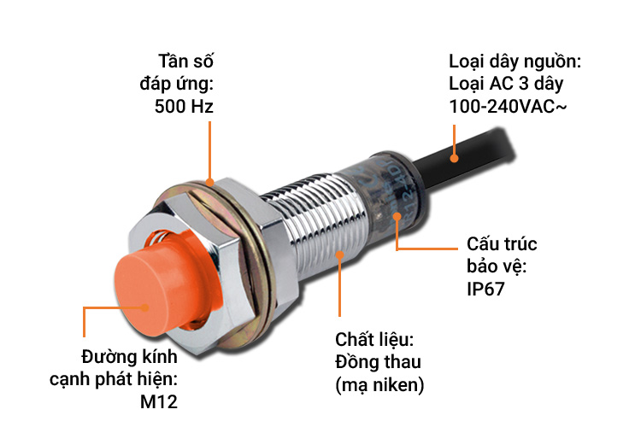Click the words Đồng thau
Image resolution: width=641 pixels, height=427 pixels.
tap(379, 362)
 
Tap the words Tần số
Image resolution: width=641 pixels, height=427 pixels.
tap(186, 61)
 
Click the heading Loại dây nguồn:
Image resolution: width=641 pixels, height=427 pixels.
tap(515, 61)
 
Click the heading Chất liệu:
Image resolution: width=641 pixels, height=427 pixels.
tap(374, 340)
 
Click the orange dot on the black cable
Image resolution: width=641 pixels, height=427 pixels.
tap(455, 157)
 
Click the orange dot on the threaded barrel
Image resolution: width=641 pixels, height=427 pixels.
tap(341, 253)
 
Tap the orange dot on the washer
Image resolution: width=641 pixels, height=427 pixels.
tap(209, 182)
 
